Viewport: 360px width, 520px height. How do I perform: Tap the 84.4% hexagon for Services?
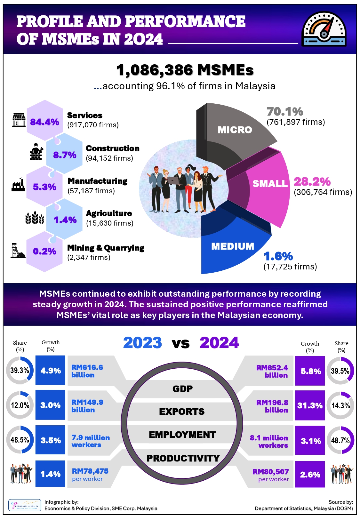[x=44, y=122]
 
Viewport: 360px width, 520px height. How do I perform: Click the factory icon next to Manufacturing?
[x=18, y=185]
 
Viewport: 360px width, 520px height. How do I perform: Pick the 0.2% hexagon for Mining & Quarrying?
[x=44, y=251]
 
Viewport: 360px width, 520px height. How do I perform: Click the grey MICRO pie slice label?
[x=235, y=130]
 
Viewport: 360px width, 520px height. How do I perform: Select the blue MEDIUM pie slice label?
[x=233, y=246]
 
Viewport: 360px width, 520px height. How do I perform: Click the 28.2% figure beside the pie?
[x=312, y=182]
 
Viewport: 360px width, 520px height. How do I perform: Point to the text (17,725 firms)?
[x=290, y=267]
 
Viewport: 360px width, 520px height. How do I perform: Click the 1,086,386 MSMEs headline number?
[x=185, y=70]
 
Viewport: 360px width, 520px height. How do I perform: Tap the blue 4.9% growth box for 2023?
[x=50, y=371]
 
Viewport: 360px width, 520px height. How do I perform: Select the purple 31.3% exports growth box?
[x=310, y=405]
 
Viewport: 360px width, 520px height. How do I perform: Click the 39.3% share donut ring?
[x=20, y=370]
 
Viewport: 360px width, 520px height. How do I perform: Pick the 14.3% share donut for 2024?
[x=340, y=405]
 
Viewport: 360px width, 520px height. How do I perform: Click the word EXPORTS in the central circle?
[x=182, y=412]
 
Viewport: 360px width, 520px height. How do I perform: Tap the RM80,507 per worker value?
[x=270, y=472]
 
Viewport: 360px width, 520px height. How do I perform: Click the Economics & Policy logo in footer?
[x=25, y=505]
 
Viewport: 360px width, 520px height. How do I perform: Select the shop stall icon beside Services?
[x=19, y=120]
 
